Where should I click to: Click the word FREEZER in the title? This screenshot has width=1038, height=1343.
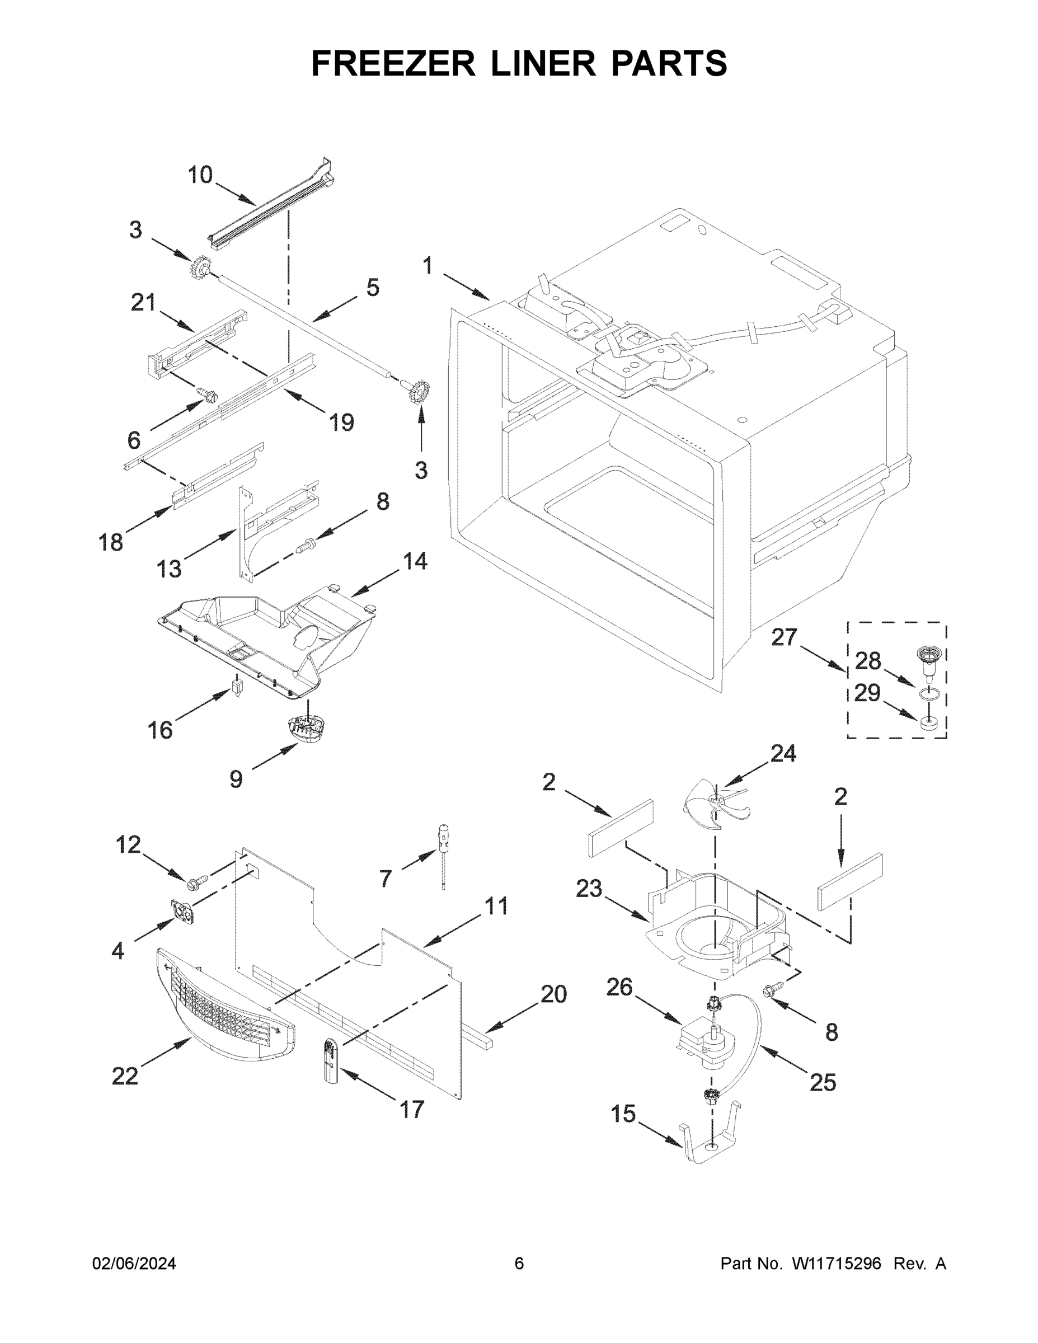point(393,63)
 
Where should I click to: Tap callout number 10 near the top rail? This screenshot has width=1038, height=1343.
point(200,175)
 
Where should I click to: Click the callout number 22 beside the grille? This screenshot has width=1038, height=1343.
point(125,1076)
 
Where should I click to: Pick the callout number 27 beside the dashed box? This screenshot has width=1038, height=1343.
point(784,638)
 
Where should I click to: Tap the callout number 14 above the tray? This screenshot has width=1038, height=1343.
point(415,561)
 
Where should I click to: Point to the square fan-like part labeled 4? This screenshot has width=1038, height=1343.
point(182,912)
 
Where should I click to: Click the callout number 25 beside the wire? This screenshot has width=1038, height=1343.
point(823,1082)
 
